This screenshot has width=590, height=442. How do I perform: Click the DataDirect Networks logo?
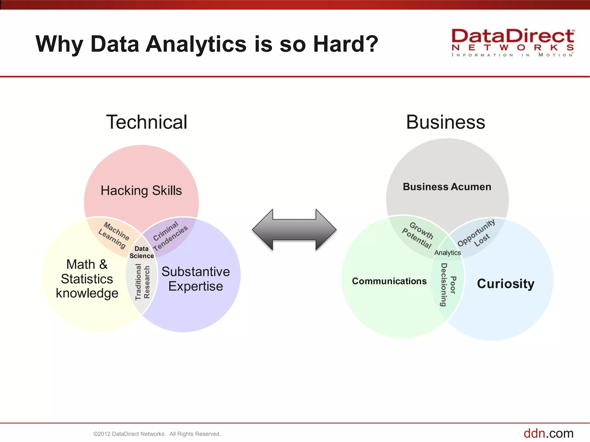click(513, 43)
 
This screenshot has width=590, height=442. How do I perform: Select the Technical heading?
click(147, 122)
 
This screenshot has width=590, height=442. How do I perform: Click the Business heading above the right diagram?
click(445, 122)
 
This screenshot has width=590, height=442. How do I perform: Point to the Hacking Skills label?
click(141, 190)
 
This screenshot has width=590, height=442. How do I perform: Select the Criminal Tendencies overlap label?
click(170, 236)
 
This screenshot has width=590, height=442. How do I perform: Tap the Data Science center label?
click(141, 252)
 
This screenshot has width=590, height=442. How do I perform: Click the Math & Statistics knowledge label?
click(87, 279)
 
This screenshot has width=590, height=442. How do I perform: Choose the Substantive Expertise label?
click(196, 279)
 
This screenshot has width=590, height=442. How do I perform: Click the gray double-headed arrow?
click(294, 230)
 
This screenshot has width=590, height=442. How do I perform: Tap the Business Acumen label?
click(447, 187)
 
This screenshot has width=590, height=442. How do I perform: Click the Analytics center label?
click(447, 253)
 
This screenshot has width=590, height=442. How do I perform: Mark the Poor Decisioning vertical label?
click(448, 285)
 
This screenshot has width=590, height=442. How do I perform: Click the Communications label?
click(389, 281)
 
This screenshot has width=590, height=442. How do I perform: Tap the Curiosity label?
click(506, 284)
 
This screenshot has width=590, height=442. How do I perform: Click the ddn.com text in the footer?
click(548, 433)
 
